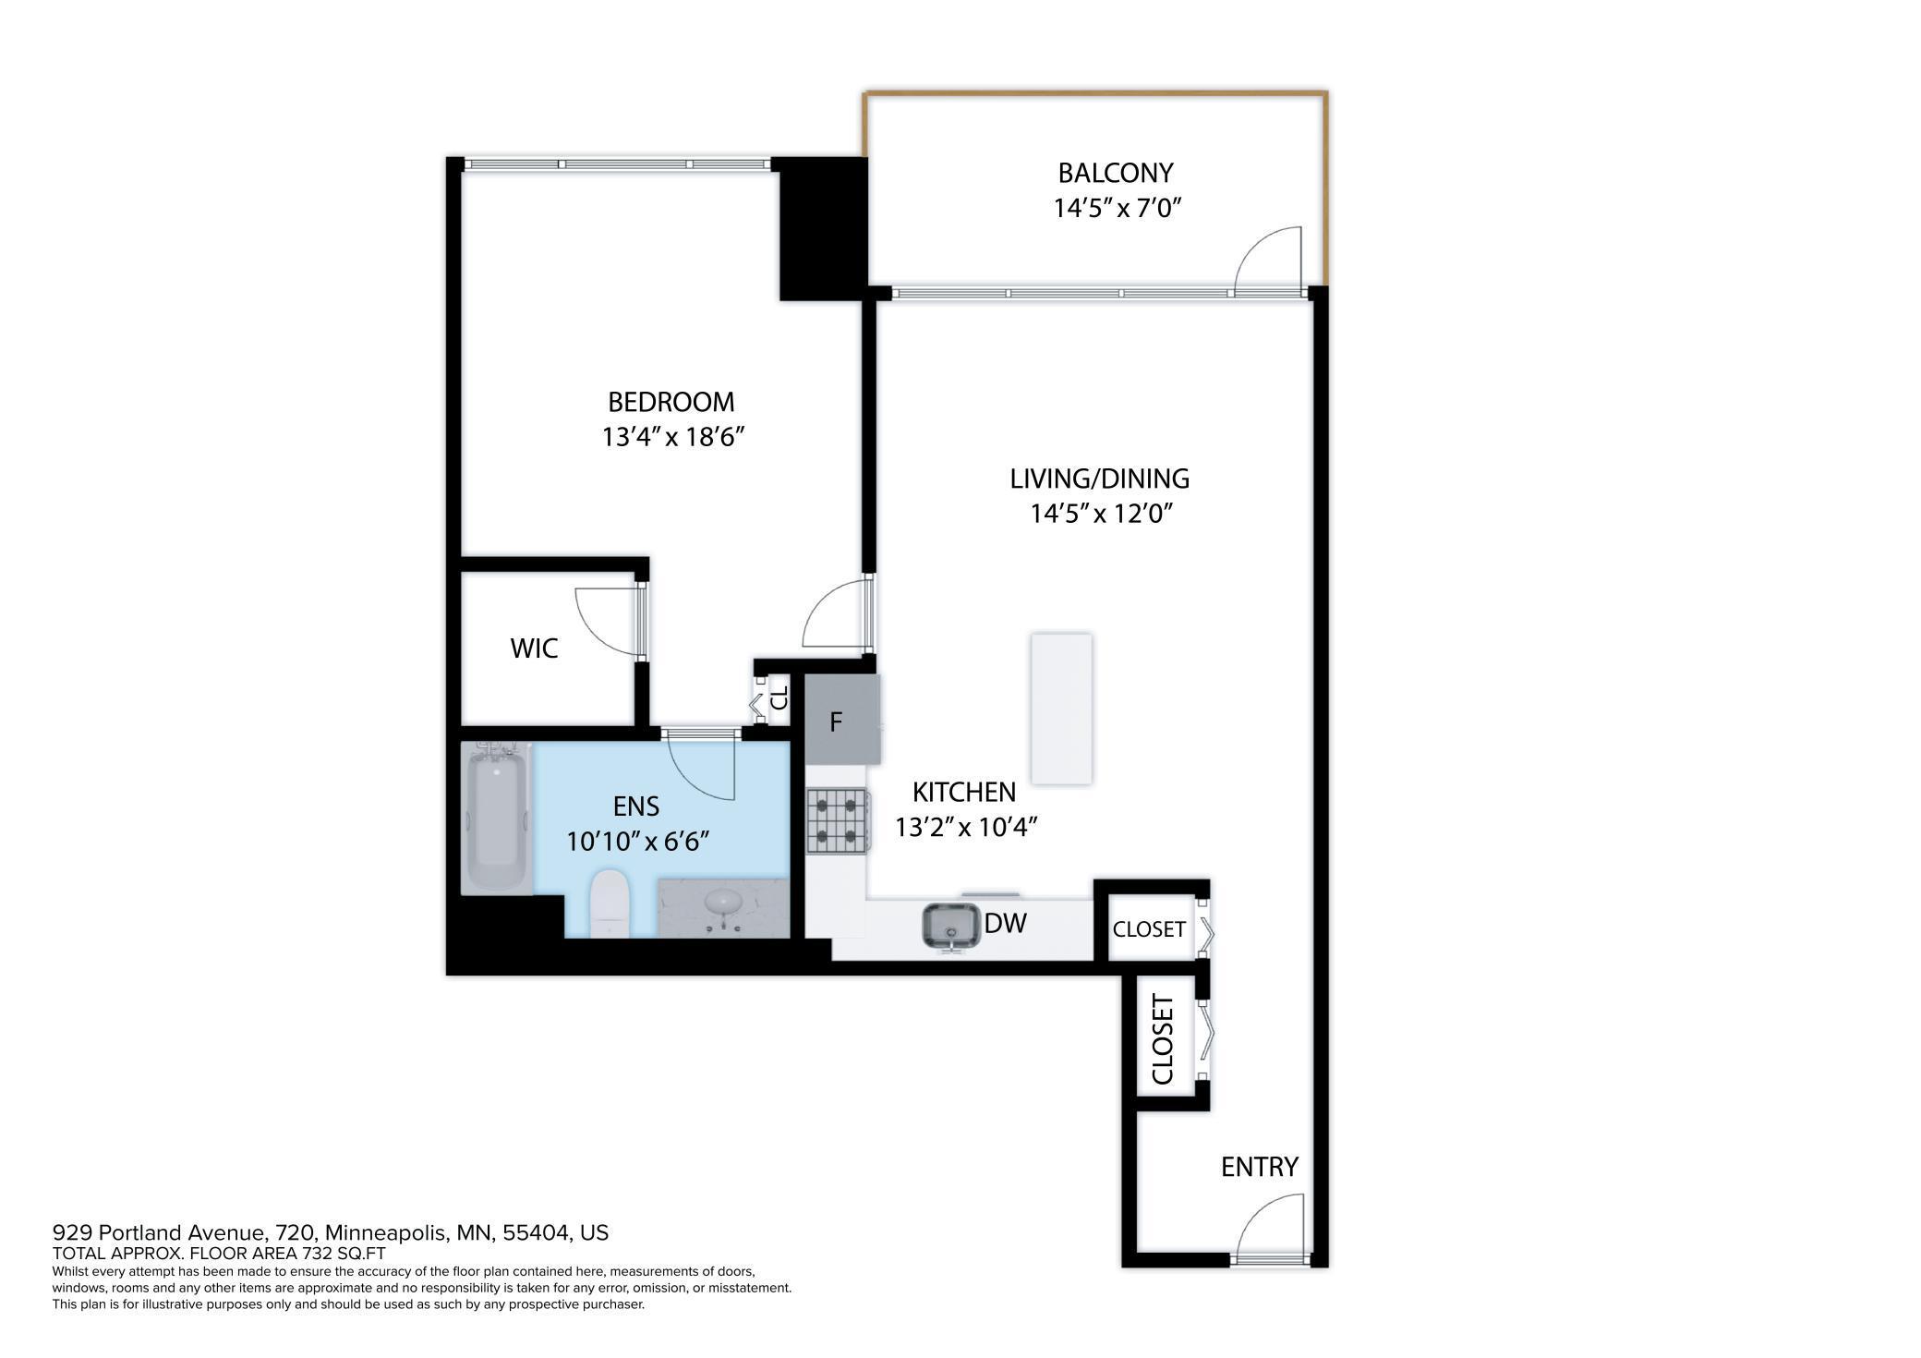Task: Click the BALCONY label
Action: coord(1115,173)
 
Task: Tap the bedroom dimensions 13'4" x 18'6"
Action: coord(673,436)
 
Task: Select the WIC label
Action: coord(534,649)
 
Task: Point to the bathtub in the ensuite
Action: coord(497,817)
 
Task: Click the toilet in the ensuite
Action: coord(609,903)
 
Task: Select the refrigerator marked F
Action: coord(841,720)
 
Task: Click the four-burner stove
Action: coord(838,820)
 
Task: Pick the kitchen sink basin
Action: coord(950,926)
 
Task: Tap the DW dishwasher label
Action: coord(1005,923)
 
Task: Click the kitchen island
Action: coord(1061,709)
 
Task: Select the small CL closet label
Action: coord(779,696)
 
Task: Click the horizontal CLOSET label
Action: coord(1149,929)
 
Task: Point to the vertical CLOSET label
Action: coord(1163,1039)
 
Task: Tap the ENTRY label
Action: coord(1260,1167)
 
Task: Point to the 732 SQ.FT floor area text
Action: coord(342,1254)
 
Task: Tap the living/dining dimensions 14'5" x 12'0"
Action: coord(1101,513)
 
